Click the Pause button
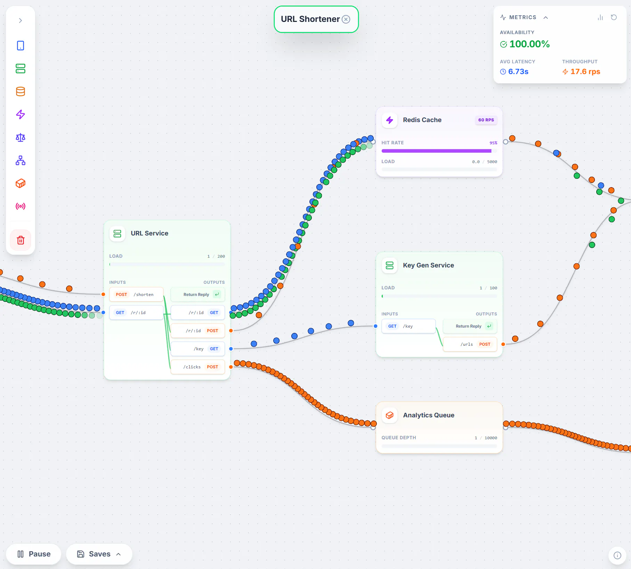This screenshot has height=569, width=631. [x=34, y=554]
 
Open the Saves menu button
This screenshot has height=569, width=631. [x=99, y=554]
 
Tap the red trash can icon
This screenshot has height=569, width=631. [x=21, y=240]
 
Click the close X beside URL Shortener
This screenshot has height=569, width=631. [x=346, y=19]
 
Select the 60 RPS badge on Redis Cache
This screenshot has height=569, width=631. [x=486, y=120]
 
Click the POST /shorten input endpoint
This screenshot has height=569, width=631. [x=136, y=294]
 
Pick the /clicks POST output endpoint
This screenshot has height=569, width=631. [x=198, y=367]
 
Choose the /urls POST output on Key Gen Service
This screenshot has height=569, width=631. [x=470, y=344]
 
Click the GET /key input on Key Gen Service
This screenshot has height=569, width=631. [x=408, y=326]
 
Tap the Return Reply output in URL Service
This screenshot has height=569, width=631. [x=198, y=294]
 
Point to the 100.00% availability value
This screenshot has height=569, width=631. [x=529, y=44]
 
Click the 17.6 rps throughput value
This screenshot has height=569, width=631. [x=585, y=72]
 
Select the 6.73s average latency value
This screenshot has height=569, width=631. [x=518, y=72]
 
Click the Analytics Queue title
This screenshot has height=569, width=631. [x=429, y=415]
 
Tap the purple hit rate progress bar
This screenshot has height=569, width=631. [x=436, y=151]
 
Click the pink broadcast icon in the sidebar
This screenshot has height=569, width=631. [x=21, y=206]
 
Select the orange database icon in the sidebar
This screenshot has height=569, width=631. [x=21, y=91]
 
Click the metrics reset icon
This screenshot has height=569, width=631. [x=614, y=17]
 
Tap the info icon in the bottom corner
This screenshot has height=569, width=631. [x=617, y=555]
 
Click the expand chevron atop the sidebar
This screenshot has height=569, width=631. [x=21, y=21]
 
